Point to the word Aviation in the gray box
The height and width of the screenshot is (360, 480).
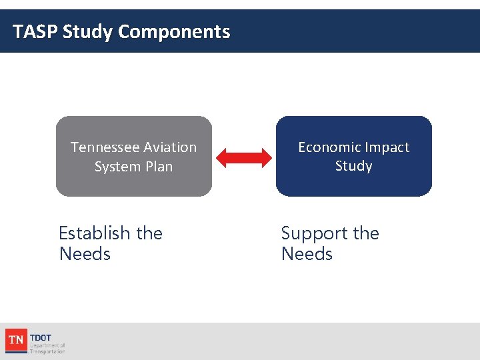click(170, 147)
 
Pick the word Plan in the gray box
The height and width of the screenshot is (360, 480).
click(159, 167)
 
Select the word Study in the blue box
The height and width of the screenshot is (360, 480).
click(353, 165)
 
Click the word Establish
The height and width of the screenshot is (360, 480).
click(95, 233)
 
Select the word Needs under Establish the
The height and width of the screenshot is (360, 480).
click(85, 254)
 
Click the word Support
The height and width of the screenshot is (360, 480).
click(315, 234)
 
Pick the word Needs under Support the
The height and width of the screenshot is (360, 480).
click(307, 254)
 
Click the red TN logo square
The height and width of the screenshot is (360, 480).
click(15, 340)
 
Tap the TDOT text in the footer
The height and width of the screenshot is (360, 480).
click(41, 337)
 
